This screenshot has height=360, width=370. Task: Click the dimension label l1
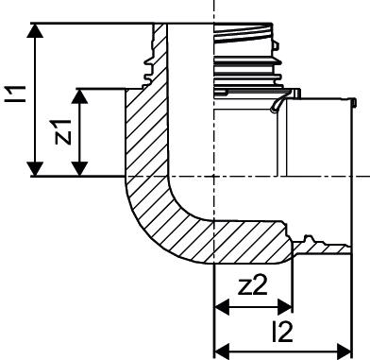(17, 93)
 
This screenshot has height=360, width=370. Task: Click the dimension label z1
(63, 131)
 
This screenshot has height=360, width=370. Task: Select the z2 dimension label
(253, 285)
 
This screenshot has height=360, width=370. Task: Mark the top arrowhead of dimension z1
(80, 95)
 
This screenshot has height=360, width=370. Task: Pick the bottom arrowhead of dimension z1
(80, 168)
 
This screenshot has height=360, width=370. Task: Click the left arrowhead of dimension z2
(221, 306)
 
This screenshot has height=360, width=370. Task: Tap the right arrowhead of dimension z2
(285, 306)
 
